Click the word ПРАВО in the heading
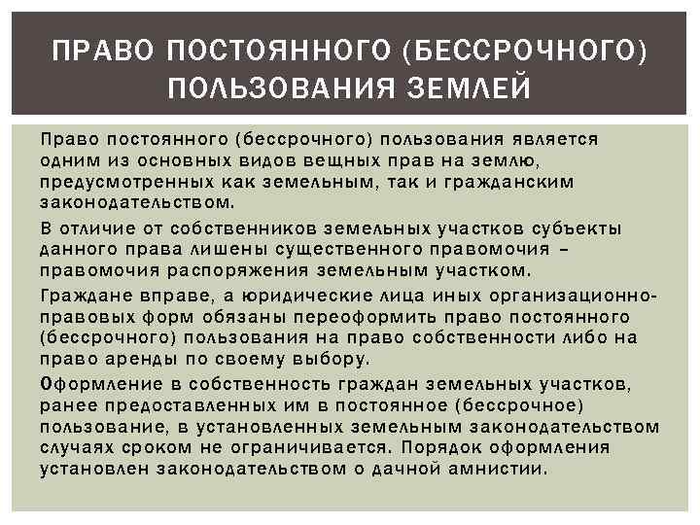pyautogui.click(x=97, y=48)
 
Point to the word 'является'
pyautogui.click(x=556, y=138)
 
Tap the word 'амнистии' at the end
pyautogui.click(x=506, y=468)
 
